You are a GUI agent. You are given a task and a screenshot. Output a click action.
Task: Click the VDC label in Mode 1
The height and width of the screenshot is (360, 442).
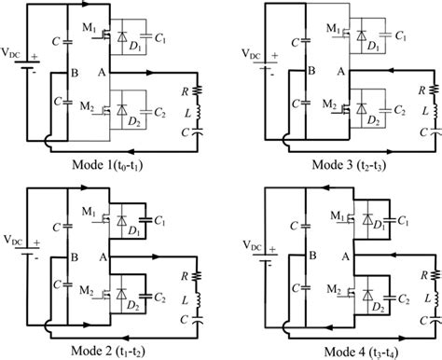tap(16, 67)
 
